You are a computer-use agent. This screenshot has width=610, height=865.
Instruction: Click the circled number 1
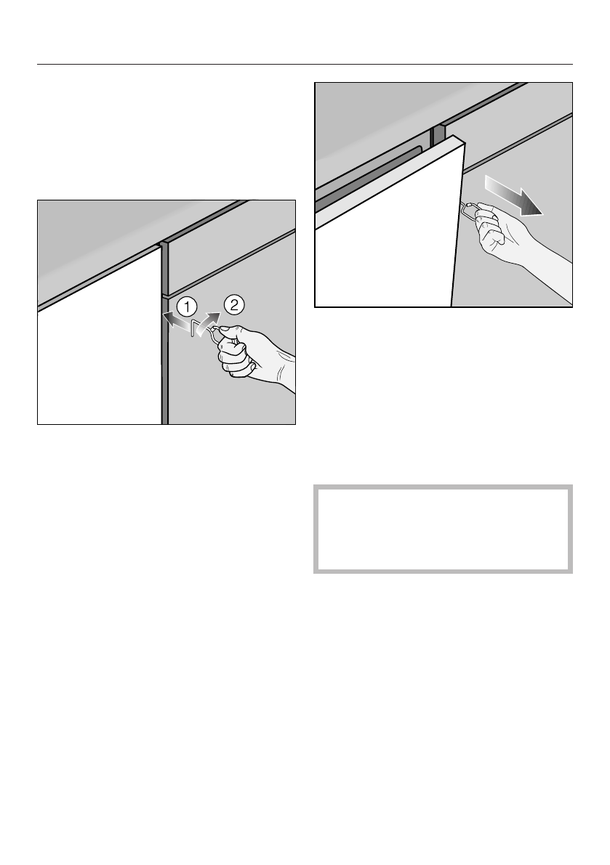pyautogui.click(x=186, y=306)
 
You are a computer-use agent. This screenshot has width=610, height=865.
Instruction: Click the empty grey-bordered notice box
pyautogui.click(x=443, y=529)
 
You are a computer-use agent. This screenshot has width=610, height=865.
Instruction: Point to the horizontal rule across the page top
pyautogui.click(x=305, y=64)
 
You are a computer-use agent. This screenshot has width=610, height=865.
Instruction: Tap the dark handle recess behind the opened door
pyautogui.click(x=371, y=174)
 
